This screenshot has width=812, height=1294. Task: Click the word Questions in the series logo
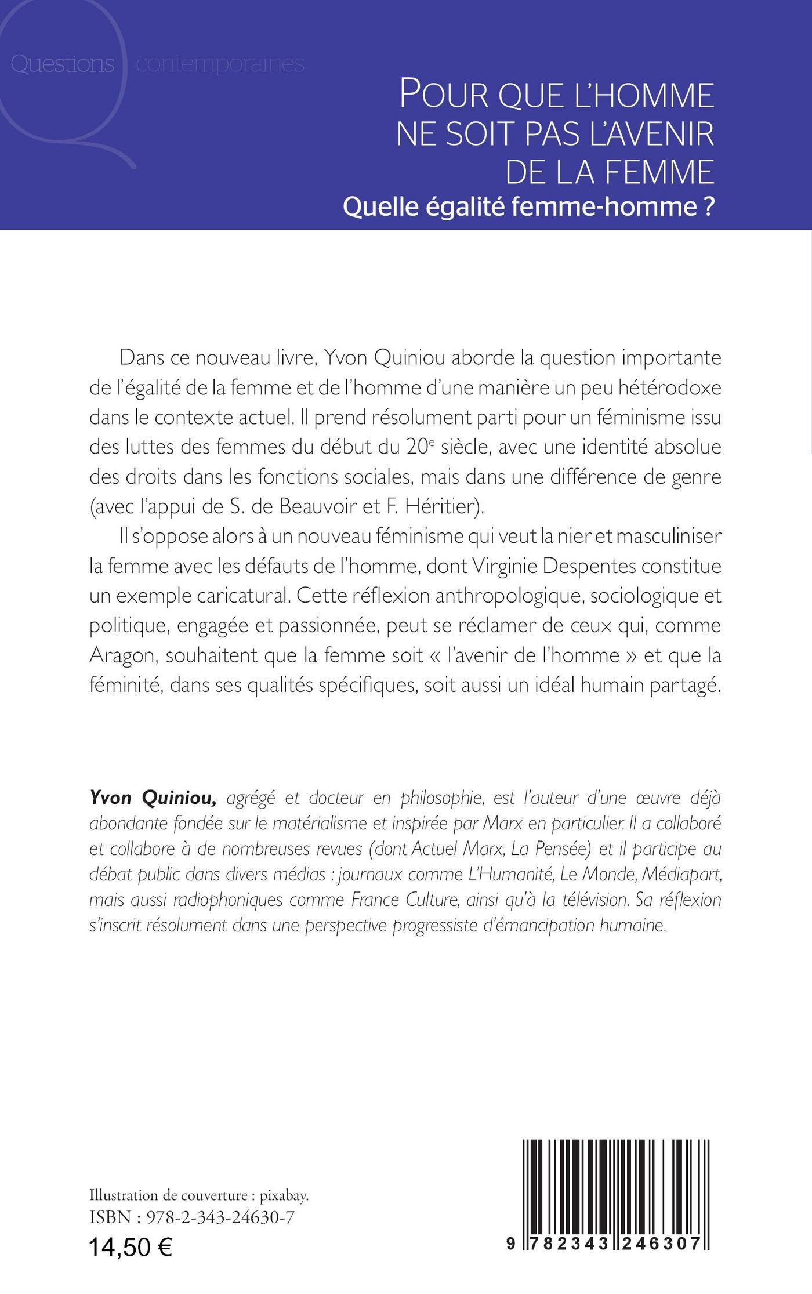62,64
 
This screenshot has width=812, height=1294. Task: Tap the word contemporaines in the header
220,64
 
